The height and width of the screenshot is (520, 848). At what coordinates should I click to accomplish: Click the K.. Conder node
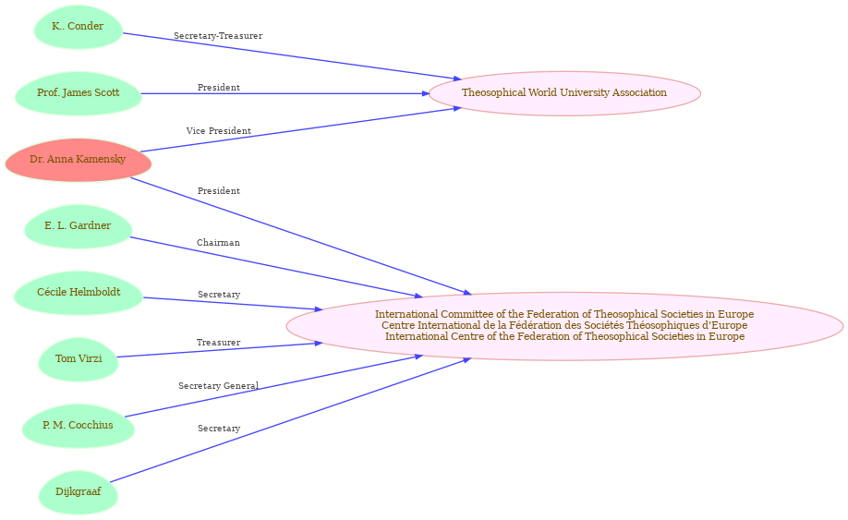coord(79,27)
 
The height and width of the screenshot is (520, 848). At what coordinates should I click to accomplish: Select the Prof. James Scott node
coord(79,93)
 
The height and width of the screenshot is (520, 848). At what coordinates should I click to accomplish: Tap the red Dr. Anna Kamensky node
coord(79,160)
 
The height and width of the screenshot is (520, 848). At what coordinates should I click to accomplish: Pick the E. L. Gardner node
coord(79,226)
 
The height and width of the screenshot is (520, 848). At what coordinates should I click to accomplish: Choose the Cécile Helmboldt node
coord(79,293)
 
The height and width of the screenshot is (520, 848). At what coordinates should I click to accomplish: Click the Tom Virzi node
coord(79,359)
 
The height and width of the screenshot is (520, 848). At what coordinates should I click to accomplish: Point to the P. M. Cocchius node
coord(79,426)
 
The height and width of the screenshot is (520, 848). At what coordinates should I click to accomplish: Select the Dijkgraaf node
coord(79,492)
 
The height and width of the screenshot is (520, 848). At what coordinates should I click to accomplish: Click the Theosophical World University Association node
coord(564,93)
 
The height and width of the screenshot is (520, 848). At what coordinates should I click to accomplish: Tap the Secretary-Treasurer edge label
coord(218,36)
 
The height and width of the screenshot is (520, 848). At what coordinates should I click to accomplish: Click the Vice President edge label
coord(219,131)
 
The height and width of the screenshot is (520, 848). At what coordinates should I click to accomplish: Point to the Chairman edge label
coord(219,243)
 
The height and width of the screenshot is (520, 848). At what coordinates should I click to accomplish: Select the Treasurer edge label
coord(219,343)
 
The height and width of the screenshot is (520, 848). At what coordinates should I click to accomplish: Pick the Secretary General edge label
coord(219,386)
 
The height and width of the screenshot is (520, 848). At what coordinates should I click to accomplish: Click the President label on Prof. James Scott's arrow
coord(219,88)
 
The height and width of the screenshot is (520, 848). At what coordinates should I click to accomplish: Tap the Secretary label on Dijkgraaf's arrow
coord(219,429)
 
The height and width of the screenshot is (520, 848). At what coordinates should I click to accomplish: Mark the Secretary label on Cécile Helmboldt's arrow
coord(219,295)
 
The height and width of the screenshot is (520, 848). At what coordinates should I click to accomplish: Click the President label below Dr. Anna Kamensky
coord(219,191)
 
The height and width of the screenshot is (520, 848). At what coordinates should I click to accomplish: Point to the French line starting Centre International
coord(564,325)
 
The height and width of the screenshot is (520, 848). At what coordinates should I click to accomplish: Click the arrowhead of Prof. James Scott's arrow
coord(425,93)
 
